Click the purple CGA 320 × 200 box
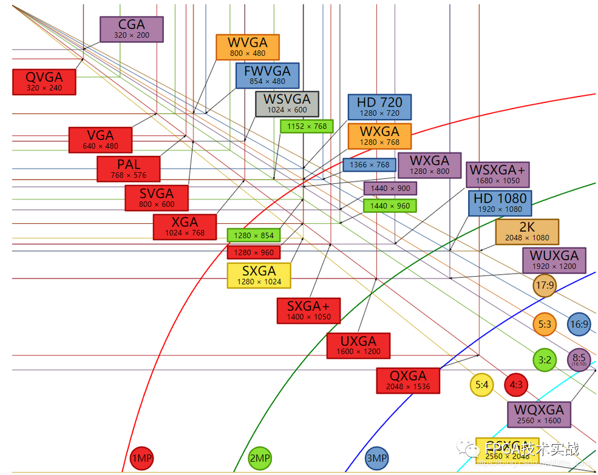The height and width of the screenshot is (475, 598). [132, 29]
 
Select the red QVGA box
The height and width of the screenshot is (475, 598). [44, 81]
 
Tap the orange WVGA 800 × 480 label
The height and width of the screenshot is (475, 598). [247, 47]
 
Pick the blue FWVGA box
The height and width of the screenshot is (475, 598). [267, 75]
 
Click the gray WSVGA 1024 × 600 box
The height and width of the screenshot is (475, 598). [287, 104]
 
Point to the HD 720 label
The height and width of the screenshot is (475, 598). [379, 107]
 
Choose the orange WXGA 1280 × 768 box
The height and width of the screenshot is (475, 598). [379, 136]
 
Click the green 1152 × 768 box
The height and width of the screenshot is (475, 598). [307, 126]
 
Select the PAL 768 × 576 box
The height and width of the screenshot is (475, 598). [128, 169]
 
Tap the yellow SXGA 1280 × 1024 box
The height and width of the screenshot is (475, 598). [259, 275]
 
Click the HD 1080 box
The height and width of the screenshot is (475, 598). [500, 203]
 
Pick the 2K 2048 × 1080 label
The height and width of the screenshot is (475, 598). [526, 232]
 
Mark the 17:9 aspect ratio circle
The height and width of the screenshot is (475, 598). [545, 285]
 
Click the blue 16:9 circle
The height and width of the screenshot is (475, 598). [579, 325]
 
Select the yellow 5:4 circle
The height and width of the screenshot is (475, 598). [482, 385]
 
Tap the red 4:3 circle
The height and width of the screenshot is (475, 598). [517, 385]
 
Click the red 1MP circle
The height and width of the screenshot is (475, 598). [142, 459]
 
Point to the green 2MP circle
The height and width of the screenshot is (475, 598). [260, 459]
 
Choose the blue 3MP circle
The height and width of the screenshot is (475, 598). [376, 459]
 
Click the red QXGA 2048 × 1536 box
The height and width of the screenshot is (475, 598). [408, 380]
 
